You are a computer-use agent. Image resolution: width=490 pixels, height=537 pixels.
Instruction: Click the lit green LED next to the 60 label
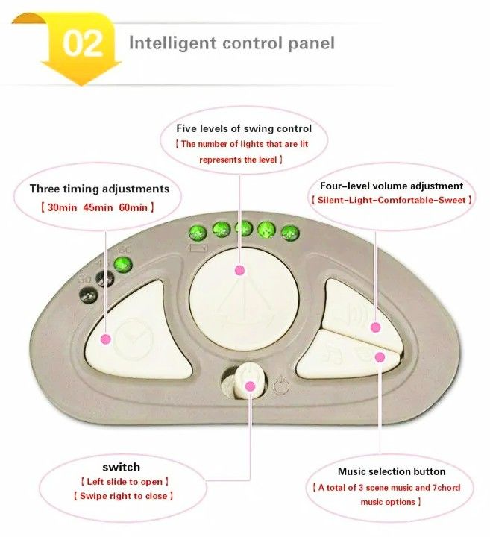(x=123, y=263)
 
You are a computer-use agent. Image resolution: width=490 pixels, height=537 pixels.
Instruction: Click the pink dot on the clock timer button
(x=105, y=339)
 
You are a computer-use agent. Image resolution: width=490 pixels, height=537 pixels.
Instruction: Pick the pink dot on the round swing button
(x=239, y=271)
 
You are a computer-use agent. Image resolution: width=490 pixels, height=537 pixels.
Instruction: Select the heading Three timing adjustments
(x=99, y=189)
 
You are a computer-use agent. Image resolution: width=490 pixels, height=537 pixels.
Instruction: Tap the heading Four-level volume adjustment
(x=391, y=186)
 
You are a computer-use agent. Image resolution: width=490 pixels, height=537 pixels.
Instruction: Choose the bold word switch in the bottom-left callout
(x=121, y=467)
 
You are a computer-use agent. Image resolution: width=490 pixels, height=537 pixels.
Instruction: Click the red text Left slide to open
(x=124, y=482)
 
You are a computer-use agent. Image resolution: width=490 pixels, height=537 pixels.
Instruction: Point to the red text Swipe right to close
(x=123, y=495)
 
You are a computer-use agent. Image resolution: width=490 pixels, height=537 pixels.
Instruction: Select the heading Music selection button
(x=392, y=471)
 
